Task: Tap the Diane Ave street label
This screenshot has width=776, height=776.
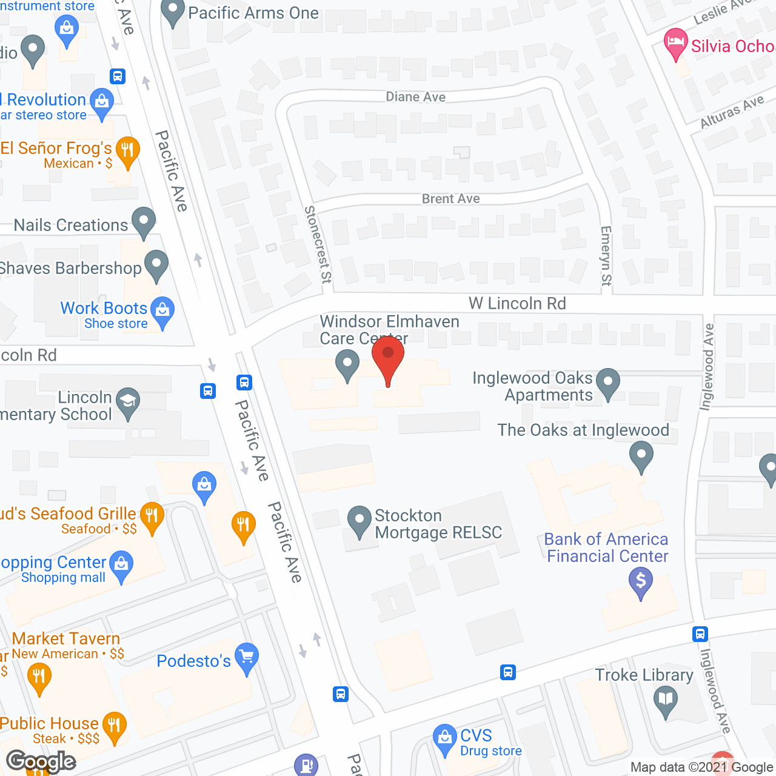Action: [x=416, y=97]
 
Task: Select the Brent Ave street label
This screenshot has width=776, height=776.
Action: [x=450, y=199]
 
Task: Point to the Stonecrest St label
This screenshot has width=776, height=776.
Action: [x=318, y=244]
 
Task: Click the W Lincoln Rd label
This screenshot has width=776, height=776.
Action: [x=517, y=303]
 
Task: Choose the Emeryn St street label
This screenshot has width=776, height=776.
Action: [x=606, y=256]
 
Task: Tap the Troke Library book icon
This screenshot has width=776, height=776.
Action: [x=666, y=700]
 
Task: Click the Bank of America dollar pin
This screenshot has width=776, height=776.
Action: [x=641, y=581]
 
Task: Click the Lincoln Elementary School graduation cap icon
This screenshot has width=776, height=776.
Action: [x=128, y=401]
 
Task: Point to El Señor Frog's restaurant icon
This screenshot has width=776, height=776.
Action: [x=127, y=149]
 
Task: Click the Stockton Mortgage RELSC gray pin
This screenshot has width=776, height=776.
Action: [x=360, y=520]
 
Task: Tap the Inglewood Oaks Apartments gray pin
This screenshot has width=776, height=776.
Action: [x=608, y=383]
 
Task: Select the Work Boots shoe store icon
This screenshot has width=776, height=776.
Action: [x=162, y=310]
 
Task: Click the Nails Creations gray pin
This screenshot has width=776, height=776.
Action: [x=144, y=221]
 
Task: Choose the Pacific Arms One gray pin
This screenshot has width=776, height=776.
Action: [x=173, y=12]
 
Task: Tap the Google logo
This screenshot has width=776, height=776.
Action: [x=41, y=761]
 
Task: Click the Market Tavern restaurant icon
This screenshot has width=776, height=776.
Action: [x=39, y=677]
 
